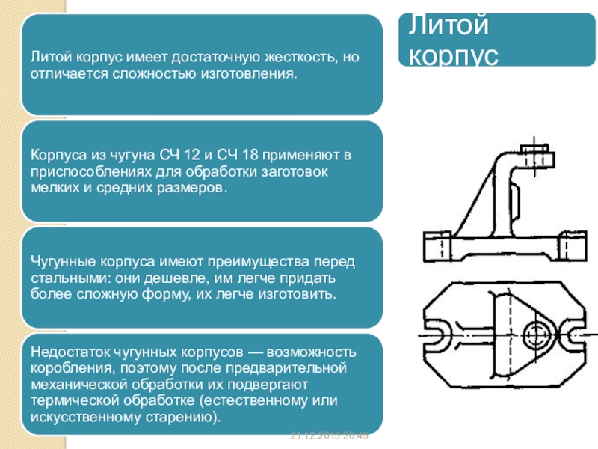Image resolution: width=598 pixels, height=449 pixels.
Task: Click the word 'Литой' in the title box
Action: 447,27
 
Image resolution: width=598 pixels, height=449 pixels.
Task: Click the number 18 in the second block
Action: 253,155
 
